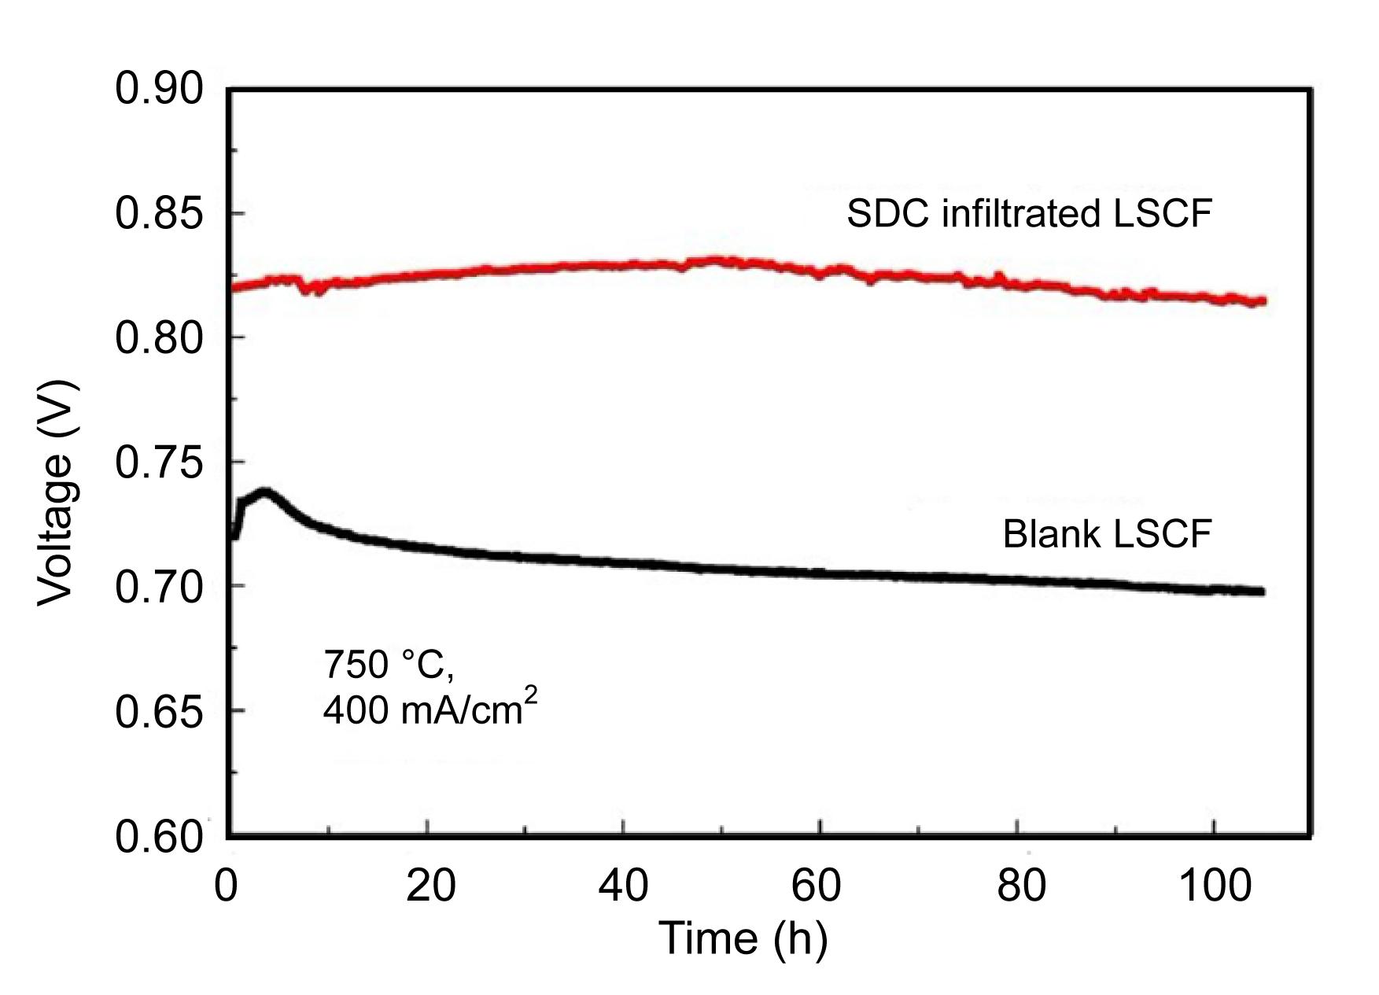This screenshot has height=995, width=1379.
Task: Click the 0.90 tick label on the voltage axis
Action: (x=159, y=88)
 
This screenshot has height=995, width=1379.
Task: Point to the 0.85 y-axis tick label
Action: (x=159, y=213)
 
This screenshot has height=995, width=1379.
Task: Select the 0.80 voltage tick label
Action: (x=159, y=338)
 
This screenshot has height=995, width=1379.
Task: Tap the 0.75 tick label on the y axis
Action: (x=159, y=462)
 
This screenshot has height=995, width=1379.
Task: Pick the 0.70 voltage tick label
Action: (x=159, y=587)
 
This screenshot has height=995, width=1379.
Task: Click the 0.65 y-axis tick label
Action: (x=159, y=712)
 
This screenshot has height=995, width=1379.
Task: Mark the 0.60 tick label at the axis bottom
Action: (x=159, y=836)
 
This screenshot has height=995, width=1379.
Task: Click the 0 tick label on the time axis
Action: (x=227, y=886)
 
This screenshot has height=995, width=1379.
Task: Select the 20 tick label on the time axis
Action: (x=430, y=886)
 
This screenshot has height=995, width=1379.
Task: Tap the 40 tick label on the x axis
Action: (x=623, y=886)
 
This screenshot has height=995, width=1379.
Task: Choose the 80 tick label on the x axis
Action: (x=1020, y=886)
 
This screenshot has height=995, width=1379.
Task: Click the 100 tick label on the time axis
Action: (x=1214, y=886)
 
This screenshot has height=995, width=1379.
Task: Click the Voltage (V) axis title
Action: (x=59, y=493)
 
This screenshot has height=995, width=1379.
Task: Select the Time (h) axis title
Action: (x=743, y=938)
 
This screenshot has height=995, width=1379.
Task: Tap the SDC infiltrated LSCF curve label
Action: (x=1029, y=213)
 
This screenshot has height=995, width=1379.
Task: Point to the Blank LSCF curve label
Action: (x=1106, y=534)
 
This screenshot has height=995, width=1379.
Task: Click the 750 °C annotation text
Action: (x=389, y=665)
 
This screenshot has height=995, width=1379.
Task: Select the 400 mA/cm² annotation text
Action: (x=430, y=709)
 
